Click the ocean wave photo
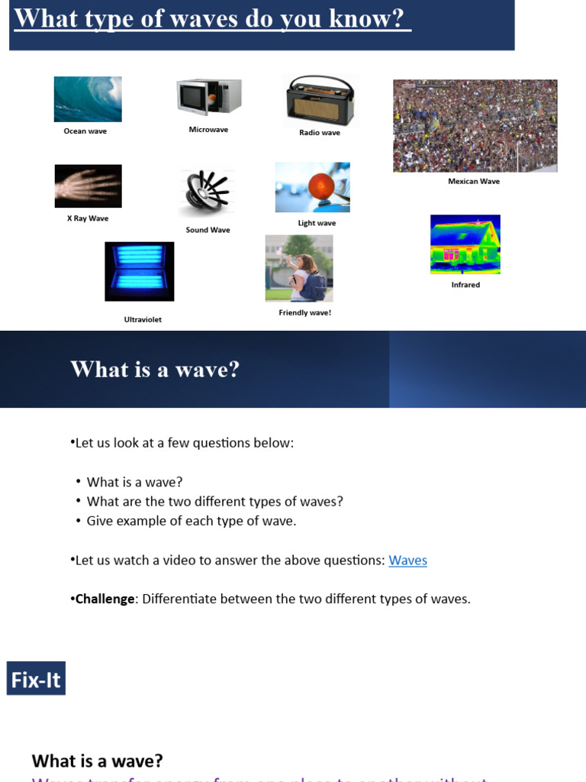pos(88,99)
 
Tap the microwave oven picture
pos(209,97)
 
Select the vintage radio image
pos(320,101)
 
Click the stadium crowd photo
pos(475,126)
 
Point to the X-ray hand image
pos(88,186)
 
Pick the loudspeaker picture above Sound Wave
pos(206,193)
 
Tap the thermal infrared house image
pos(465,244)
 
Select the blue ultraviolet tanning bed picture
pos(139,271)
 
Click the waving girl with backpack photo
pos(299,268)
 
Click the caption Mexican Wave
pos(474,182)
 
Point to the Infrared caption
pos(465,285)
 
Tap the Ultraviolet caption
pos(143,319)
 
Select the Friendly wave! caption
pos(304,312)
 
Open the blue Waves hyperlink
pos(407,561)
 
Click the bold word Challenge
pos(105,599)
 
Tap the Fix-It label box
pos(36,679)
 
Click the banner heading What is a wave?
pos(155,370)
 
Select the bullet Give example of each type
pos(191,521)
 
